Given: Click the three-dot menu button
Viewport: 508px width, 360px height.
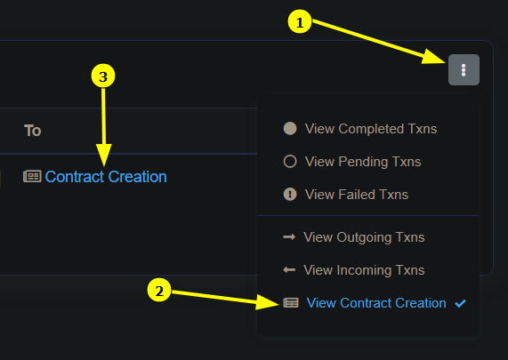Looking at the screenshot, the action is [464, 69].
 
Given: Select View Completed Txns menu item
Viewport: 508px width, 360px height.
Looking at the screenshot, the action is [371, 129].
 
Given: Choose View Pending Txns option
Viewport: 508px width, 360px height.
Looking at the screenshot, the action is [363, 162].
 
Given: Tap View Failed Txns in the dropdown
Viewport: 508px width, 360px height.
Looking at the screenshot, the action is [357, 195].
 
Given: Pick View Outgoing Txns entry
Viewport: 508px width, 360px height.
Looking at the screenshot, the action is [364, 237].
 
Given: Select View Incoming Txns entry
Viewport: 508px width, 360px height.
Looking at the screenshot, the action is [364, 270].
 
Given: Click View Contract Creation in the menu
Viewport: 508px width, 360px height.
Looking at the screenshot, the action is [376, 303].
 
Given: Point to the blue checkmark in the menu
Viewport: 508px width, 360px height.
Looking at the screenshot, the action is [460, 303].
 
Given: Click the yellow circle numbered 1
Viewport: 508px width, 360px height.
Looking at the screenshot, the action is [300, 21].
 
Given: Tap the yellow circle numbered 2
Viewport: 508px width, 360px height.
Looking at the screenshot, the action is [159, 290].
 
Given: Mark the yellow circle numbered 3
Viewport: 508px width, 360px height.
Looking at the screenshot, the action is [103, 76].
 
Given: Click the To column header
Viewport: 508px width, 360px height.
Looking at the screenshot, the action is [32, 131].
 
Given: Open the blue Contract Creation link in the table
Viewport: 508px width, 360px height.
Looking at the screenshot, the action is [106, 177].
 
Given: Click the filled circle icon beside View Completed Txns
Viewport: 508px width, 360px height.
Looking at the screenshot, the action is [290, 129].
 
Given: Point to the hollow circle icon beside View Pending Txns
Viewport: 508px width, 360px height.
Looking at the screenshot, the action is [290, 161].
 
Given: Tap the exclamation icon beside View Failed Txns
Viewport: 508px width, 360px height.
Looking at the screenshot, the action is [290, 195].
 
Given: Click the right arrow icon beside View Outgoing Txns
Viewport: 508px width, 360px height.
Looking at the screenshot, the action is [289, 237].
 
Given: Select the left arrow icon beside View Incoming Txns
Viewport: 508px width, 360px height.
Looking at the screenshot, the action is [289, 269].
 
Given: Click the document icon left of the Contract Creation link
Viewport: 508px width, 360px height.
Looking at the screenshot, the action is [32, 176].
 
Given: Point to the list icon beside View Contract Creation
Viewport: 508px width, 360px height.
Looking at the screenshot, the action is [291, 303].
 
